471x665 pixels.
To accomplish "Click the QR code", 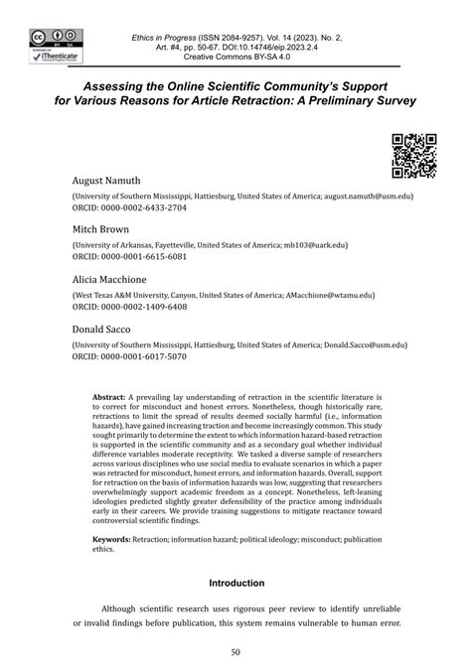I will [414, 154].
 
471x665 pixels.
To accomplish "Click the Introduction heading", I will [235, 583].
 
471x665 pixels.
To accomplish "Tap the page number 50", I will [235, 651].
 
